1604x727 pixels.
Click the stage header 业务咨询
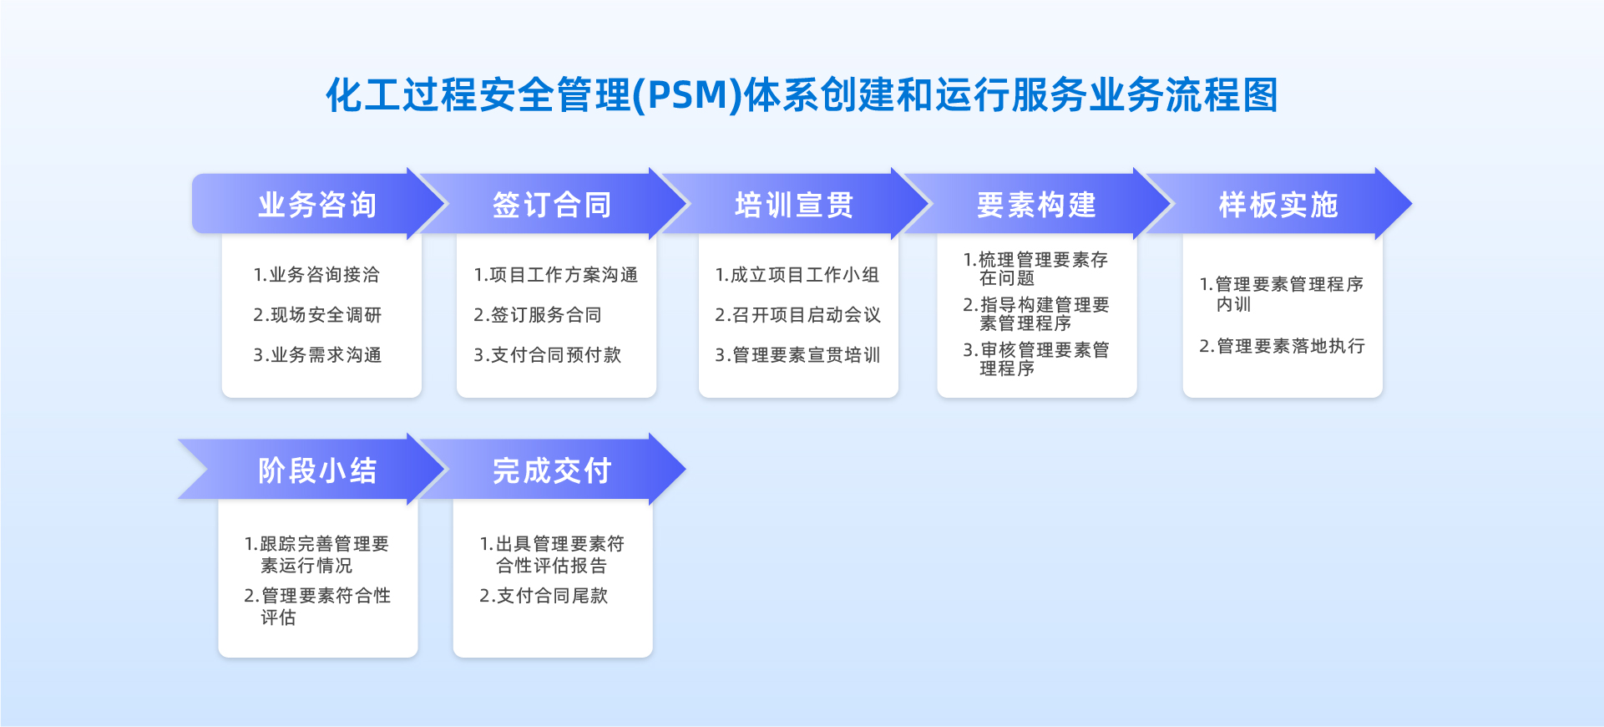pos(317,205)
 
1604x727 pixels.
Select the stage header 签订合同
pos(552,205)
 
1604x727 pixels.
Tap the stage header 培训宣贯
pos(794,205)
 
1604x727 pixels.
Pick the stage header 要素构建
pos(1036,205)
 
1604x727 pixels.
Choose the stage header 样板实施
pos(1278,205)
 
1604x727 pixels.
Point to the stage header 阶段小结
pos(317,470)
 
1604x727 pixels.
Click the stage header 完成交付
pos(552,470)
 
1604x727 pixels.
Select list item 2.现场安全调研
pos(317,315)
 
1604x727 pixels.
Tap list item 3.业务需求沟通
pos(317,355)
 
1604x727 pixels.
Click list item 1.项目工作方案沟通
pos(556,275)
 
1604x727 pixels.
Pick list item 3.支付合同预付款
pos(548,355)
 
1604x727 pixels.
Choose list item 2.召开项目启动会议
pos(797,315)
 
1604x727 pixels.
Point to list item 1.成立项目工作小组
pos(797,275)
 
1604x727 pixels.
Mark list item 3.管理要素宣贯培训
pos(797,355)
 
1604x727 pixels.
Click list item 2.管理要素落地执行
pos(1283,346)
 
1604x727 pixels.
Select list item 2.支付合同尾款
pos(544,596)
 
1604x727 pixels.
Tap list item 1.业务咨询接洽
pos(316,275)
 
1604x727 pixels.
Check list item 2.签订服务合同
pos(538,315)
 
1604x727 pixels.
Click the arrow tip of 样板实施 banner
pos(1410,204)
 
